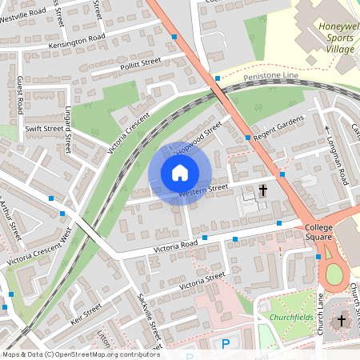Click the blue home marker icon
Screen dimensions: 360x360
(179, 173)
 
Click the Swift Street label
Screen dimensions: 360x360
(43, 128)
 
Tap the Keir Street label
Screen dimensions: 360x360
(86, 314)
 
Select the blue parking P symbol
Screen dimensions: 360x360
(226, 344)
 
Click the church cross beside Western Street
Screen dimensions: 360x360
(263, 190)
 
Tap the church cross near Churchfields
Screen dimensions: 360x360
(342, 321)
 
